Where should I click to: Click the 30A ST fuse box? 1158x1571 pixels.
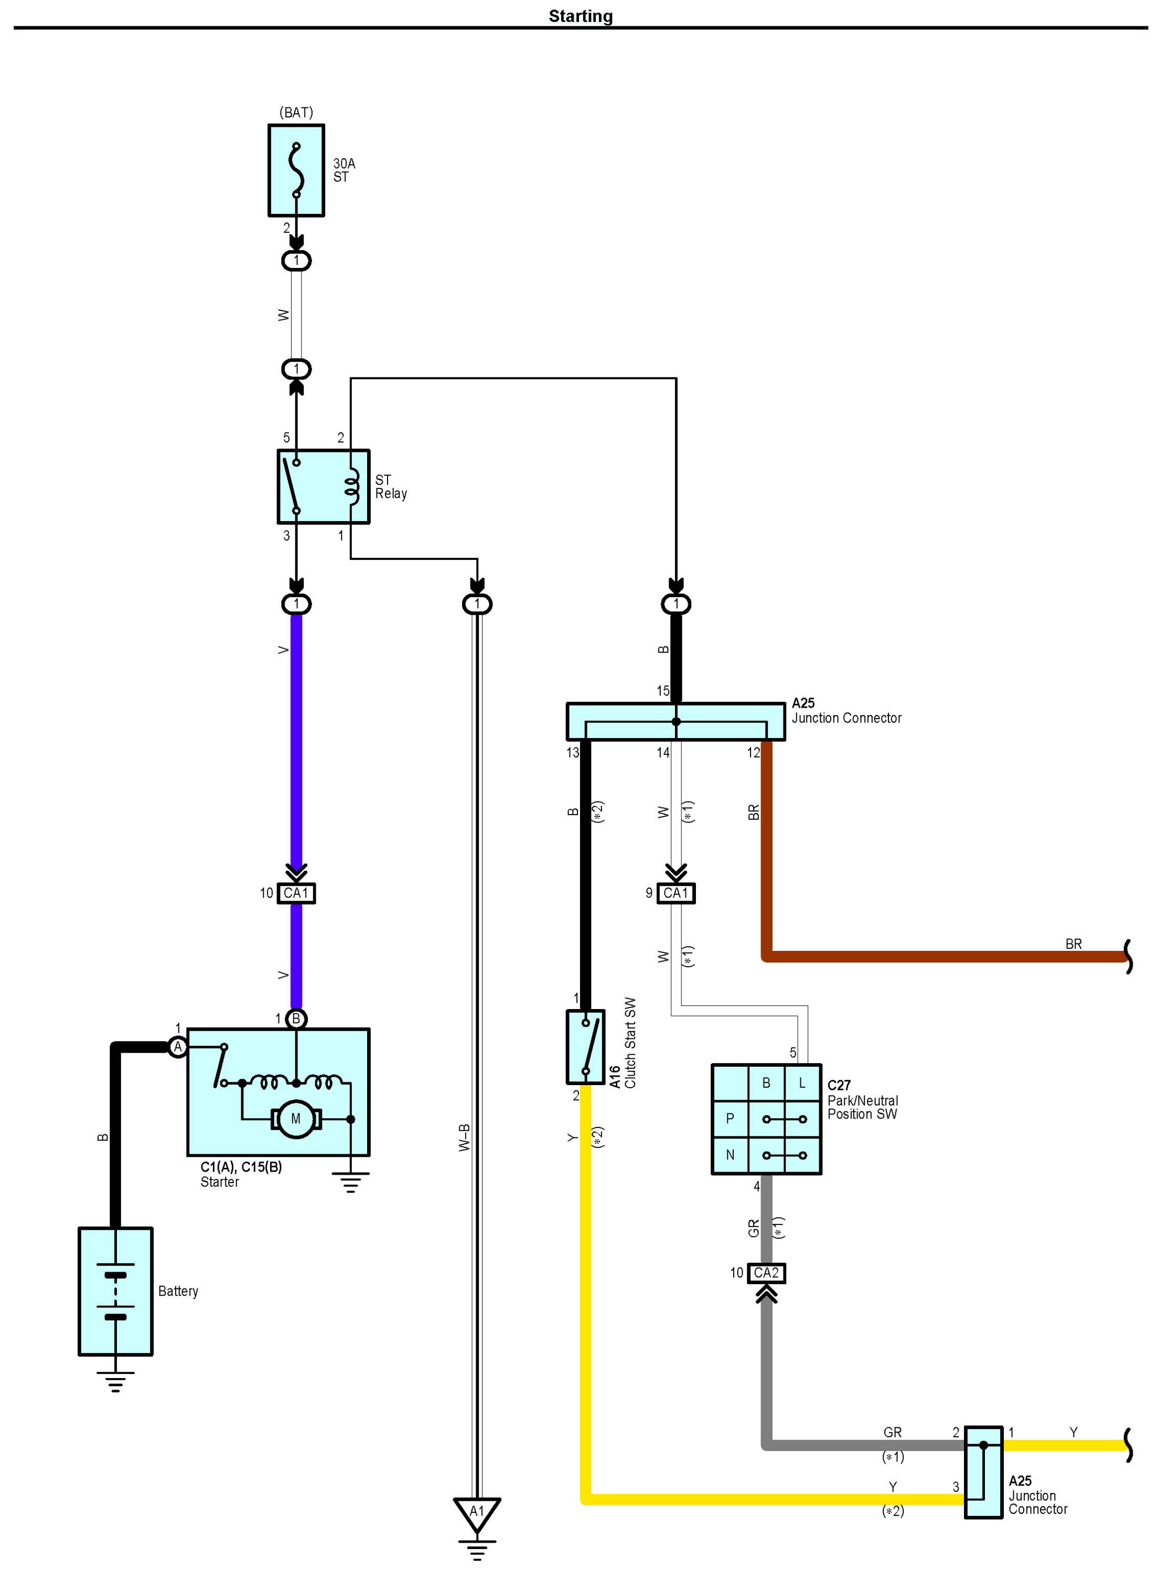click(x=296, y=170)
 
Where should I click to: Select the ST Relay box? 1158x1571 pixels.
click(x=323, y=486)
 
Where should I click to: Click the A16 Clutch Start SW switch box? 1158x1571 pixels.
click(x=585, y=1046)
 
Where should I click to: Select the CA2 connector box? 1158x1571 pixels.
click(x=766, y=1273)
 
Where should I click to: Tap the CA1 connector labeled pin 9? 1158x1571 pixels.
click(x=676, y=893)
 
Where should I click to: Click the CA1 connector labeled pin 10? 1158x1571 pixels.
click(x=296, y=893)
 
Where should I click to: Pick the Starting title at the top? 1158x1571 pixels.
click(x=581, y=16)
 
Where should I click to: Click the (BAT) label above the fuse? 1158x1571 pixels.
click(x=296, y=112)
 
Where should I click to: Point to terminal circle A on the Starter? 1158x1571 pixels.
click(x=178, y=1047)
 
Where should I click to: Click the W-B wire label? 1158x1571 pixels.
click(x=464, y=1138)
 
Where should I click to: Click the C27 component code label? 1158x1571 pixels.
click(x=839, y=1086)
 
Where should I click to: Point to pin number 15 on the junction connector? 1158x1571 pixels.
click(x=663, y=691)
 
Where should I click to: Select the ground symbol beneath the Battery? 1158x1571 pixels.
click(x=116, y=1381)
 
